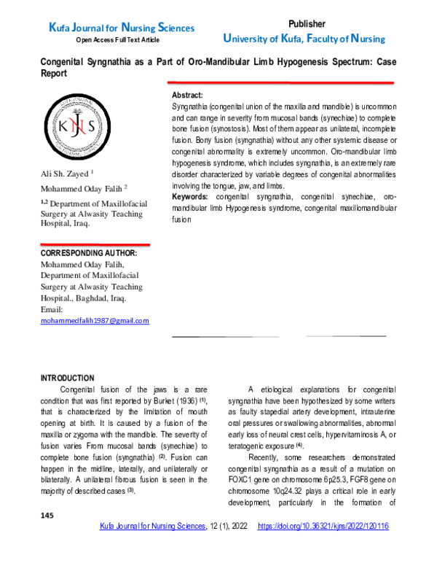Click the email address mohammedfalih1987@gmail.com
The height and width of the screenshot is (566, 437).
coord(95,321)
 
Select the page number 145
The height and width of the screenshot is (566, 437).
coord(48,536)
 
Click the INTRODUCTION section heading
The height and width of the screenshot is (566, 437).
coord(67,378)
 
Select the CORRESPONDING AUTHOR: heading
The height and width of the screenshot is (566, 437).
coord(88,253)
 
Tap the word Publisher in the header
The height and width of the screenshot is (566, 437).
coord(307,24)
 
